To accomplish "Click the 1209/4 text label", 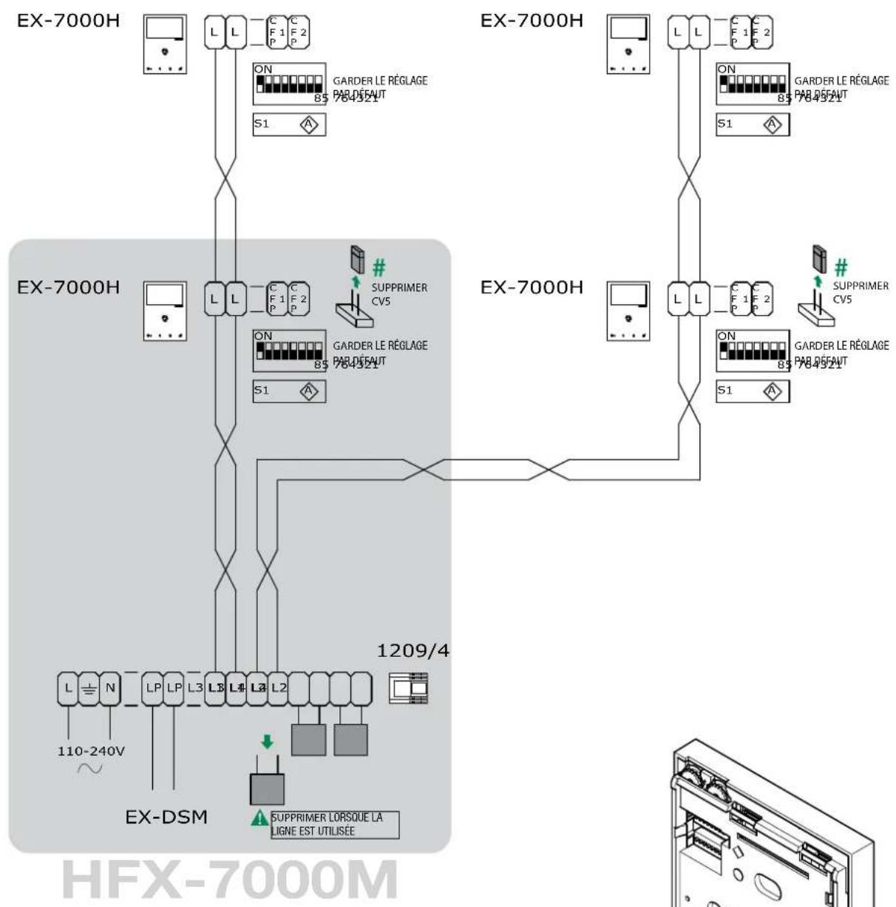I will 413,651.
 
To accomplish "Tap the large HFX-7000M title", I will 230,880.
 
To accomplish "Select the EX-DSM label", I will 166,817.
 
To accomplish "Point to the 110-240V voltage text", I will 91,751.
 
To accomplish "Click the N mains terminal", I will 109,688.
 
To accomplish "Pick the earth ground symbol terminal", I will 89,688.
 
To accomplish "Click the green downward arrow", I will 267,741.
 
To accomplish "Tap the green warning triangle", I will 259,820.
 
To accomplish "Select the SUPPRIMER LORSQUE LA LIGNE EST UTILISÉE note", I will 334,825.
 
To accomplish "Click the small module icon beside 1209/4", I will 409,688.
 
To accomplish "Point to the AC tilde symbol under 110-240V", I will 90,768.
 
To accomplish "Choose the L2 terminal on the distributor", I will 278,688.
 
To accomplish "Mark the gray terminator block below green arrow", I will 267,789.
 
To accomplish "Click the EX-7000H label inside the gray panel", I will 68,286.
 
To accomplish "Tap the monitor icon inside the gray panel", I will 165,311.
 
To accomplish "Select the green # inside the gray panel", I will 379,267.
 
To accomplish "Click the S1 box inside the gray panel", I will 289,391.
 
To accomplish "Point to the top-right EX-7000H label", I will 532,20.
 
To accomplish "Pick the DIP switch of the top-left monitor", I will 288,84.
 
